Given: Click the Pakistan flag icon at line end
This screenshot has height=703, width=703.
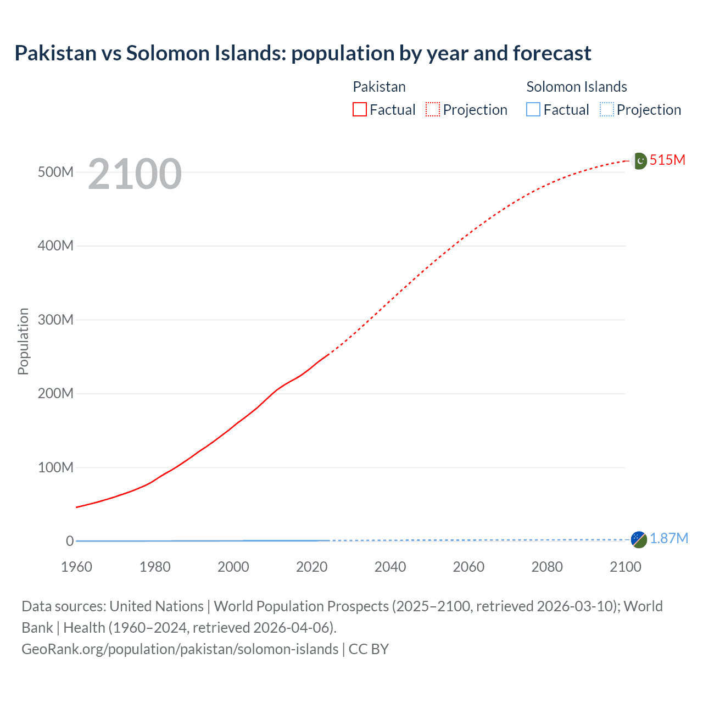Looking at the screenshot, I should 639,161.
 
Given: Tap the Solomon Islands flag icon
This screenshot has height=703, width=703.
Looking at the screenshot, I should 639,539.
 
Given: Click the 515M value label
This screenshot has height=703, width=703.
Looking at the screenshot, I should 667,160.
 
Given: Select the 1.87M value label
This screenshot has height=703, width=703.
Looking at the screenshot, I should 668,539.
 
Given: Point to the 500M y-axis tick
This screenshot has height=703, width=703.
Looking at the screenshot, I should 55,172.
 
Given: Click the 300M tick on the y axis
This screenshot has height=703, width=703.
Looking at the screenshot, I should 55,320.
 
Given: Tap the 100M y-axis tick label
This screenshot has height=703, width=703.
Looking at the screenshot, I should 55,467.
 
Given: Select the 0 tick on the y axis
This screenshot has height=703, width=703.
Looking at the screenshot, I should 69,541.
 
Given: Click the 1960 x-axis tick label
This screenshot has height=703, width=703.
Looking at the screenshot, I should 76,567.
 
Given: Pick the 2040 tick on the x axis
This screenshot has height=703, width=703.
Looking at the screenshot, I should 390,567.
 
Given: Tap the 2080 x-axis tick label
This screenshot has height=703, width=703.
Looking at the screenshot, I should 547,567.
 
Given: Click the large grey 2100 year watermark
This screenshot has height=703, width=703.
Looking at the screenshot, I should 135,174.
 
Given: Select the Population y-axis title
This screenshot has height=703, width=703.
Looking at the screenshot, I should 23,341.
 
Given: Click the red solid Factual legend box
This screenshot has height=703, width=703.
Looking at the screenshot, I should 360,110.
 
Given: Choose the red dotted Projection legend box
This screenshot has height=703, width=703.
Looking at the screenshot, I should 433,110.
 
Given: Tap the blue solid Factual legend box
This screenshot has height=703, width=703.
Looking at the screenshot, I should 533,110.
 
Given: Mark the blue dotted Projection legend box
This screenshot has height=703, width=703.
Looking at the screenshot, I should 606,110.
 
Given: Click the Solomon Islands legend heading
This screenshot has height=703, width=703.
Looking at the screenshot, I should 576,87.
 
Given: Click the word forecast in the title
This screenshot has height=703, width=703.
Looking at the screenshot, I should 552,53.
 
